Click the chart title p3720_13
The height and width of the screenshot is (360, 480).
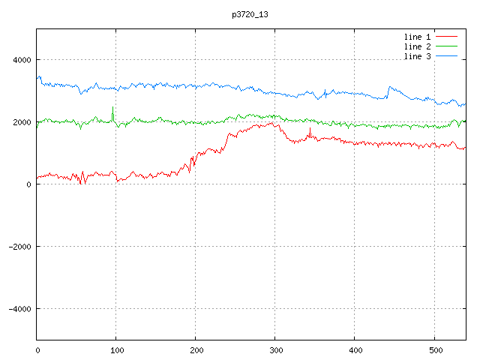[x=250, y=14]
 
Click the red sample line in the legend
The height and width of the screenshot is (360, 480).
[x=446, y=36]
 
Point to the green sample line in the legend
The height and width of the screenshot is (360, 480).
[x=446, y=46]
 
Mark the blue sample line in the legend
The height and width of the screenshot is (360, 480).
[x=446, y=57]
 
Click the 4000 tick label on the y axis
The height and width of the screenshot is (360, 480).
[x=20, y=60]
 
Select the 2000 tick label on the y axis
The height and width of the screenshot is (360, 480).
[x=20, y=122]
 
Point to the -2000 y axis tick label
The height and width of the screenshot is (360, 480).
[x=19, y=247]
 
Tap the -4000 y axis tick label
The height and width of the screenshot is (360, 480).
[x=19, y=309]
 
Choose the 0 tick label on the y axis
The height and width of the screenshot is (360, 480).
[x=28, y=184]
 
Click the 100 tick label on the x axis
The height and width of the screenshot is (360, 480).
[x=116, y=349]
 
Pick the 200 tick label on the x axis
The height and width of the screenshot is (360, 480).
[x=196, y=349]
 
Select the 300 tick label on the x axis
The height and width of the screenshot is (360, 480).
[x=275, y=349]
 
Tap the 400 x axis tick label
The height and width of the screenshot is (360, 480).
[x=355, y=349]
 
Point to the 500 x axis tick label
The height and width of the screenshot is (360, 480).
[x=434, y=349]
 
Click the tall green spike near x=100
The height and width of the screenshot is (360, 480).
[x=112, y=108]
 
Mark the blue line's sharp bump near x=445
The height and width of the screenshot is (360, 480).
[x=389, y=88]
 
